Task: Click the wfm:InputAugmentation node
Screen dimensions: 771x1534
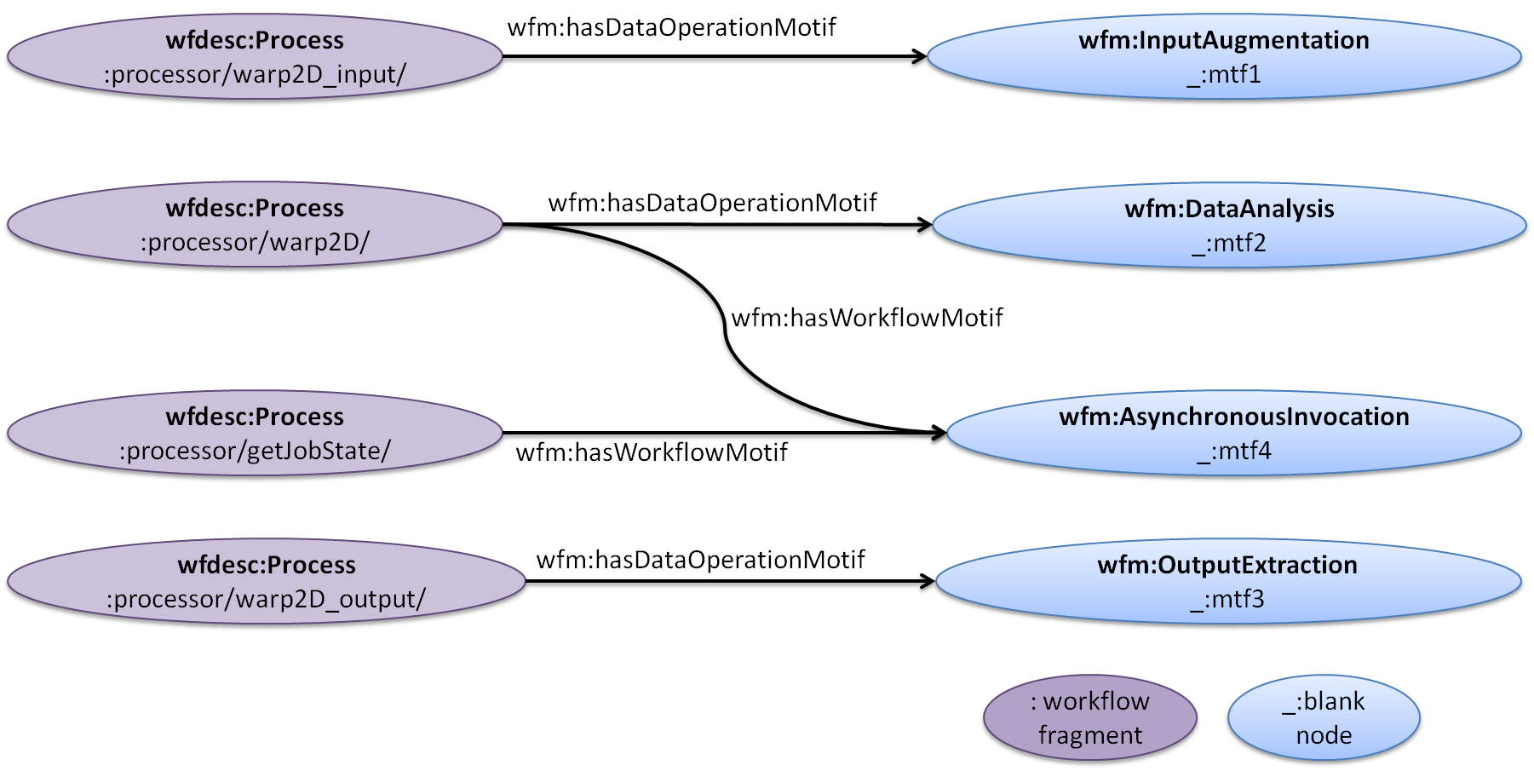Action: click(x=1224, y=57)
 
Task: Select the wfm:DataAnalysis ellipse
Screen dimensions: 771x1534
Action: click(x=1229, y=226)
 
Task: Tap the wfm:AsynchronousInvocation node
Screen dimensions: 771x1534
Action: click(x=1233, y=434)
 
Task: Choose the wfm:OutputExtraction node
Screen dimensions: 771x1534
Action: click(x=1227, y=582)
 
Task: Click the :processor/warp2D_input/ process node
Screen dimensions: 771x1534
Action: click(x=255, y=57)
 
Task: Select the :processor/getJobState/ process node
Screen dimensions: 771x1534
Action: click(x=255, y=434)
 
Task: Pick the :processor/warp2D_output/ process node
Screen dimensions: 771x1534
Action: click(x=266, y=582)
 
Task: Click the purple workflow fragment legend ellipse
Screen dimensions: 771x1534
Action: click(x=1089, y=718)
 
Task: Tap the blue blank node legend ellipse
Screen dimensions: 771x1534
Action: click(x=1324, y=718)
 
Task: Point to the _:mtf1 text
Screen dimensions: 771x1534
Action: click(x=1224, y=75)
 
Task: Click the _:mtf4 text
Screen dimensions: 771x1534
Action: click(x=1233, y=452)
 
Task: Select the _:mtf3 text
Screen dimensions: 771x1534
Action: click(x=1227, y=600)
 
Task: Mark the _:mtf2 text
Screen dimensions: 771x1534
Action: click(x=1229, y=244)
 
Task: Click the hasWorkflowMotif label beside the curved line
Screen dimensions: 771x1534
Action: click(x=867, y=318)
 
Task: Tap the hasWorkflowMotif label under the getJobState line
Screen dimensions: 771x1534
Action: click(x=652, y=452)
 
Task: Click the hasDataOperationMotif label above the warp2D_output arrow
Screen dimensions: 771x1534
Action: click(x=700, y=560)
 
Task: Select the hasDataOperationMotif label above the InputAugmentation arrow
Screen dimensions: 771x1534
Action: click(x=671, y=27)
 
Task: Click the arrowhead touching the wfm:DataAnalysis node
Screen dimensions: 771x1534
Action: click(x=922, y=227)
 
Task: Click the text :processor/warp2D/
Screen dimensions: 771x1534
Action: click(x=255, y=243)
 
